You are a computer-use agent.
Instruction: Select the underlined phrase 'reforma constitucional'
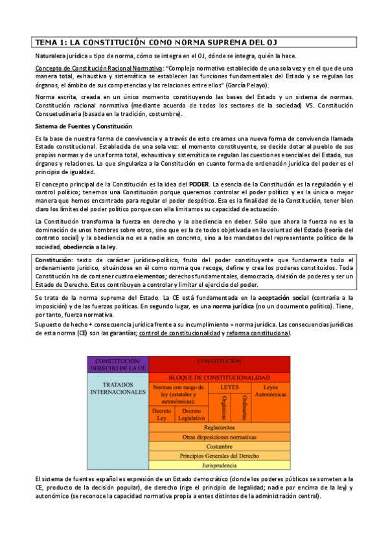click(x=257, y=333)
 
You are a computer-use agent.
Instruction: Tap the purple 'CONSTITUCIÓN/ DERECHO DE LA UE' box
click(x=118, y=364)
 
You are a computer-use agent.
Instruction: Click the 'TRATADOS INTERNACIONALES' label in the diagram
click(x=118, y=388)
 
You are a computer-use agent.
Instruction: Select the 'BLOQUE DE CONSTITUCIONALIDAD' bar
click(x=220, y=377)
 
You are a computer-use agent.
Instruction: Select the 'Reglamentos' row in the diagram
click(x=219, y=428)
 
